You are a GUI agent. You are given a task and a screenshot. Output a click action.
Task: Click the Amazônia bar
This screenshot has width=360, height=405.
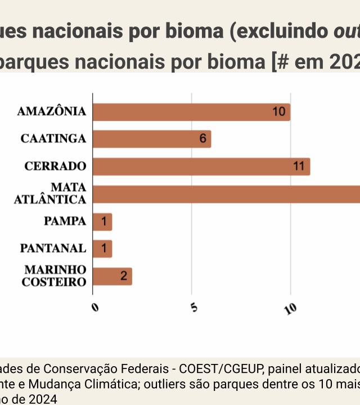(191, 112)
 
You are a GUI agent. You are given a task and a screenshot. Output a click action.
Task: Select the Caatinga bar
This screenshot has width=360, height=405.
(152, 139)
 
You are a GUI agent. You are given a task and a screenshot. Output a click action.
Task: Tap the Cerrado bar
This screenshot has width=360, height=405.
(201, 166)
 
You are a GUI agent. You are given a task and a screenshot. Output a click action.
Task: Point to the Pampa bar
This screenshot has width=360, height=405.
(102, 222)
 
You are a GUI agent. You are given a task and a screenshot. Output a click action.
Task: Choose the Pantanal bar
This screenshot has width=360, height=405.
(102, 249)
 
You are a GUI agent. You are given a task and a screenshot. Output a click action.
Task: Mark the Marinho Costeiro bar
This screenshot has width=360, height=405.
(112, 276)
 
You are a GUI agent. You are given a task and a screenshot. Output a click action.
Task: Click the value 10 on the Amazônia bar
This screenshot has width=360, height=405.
(279, 112)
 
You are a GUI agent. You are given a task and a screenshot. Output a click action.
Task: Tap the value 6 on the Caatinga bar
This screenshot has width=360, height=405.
(202, 139)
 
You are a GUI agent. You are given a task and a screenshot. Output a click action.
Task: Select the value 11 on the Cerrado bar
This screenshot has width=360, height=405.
(299, 166)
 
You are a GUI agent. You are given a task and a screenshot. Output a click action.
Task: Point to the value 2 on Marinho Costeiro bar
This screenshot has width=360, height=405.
(123, 276)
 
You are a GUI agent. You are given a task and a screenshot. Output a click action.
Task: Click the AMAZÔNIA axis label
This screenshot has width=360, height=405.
(52, 111)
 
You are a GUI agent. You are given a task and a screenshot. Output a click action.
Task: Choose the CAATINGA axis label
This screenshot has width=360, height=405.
(53, 138)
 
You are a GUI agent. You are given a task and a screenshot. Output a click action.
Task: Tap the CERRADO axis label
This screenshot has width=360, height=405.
(55, 166)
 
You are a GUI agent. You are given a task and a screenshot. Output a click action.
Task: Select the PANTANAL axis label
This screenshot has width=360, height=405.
(53, 248)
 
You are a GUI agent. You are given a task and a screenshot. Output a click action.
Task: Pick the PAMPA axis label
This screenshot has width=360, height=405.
(65, 221)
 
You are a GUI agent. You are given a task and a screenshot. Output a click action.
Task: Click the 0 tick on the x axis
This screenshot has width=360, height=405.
(94, 307)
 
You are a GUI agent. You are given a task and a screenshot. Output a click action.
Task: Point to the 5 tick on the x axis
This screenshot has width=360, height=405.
(193, 307)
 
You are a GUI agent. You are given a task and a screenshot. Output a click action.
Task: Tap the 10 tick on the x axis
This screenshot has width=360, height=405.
(290, 308)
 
